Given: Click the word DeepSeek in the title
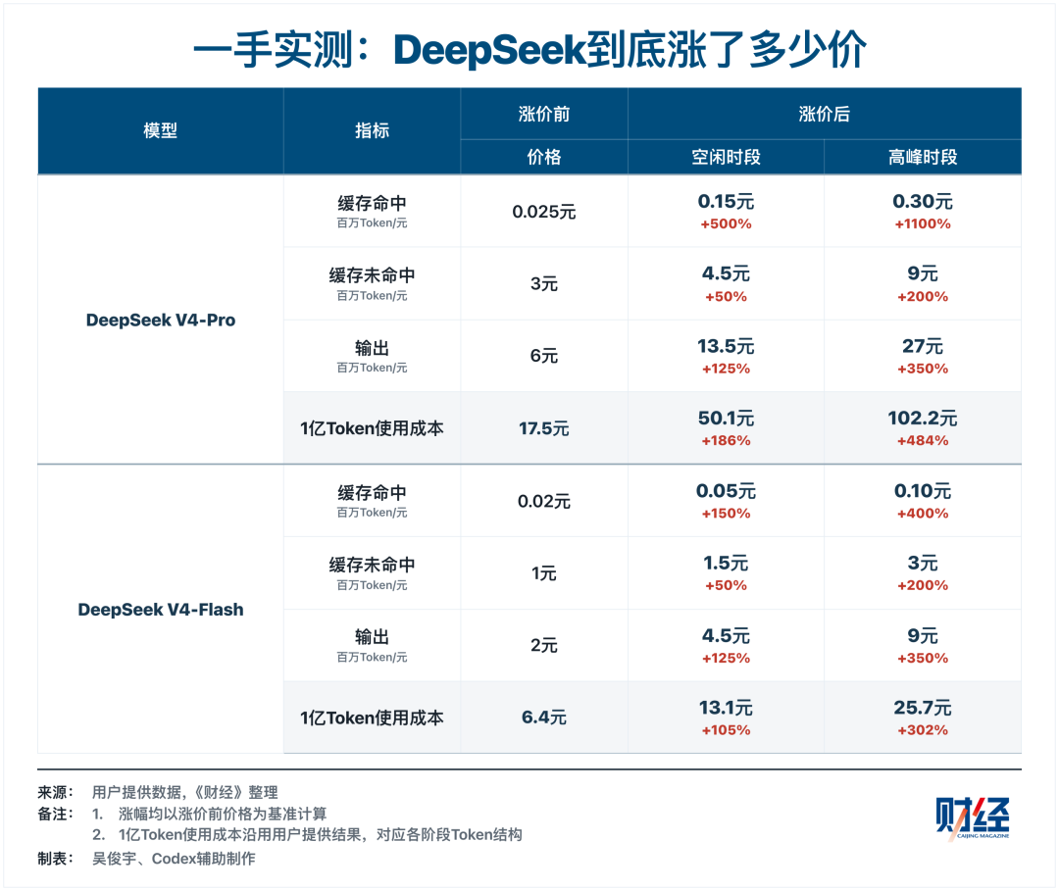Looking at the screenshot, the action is tap(489, 50).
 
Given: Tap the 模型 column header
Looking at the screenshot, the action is tap(161, 130).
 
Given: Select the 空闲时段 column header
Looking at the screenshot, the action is tap(726, 157).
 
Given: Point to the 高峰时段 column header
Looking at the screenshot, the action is tap(923, 157).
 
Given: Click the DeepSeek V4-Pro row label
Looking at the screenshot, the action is tap(161, 320).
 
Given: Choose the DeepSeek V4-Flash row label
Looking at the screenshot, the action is tap(161, 610).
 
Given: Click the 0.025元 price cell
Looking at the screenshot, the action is tap(543, 212).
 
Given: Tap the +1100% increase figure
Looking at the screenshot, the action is tap(923, 224).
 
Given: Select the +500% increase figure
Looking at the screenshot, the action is tap(726, 224).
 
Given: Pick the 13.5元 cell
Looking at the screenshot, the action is tap(726, 346).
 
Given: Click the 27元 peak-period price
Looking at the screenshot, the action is tap(923, 346).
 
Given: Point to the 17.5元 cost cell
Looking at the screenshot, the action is tap(543, 428).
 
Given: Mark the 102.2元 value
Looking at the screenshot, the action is tap(923, 419).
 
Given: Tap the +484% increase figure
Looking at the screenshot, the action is tap(923, 441).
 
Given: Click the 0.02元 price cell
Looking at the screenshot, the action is tap(543, 502).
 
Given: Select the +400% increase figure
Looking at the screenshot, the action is tap(923, 514).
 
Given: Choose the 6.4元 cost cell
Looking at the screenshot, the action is tap(543, 718).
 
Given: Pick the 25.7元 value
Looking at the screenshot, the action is tap(923, 708).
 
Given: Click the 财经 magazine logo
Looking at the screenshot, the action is tap(973, 818).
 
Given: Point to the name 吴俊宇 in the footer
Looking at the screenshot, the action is tap(114, 859).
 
